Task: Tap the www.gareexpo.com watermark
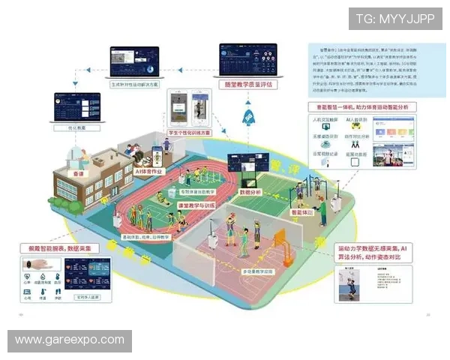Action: pyautogui.click(x=70, y=340)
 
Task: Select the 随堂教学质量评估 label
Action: pyautogui.click(x=247, y=85)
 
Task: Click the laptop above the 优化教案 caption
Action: pyautogui.click(x=77, y=107)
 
